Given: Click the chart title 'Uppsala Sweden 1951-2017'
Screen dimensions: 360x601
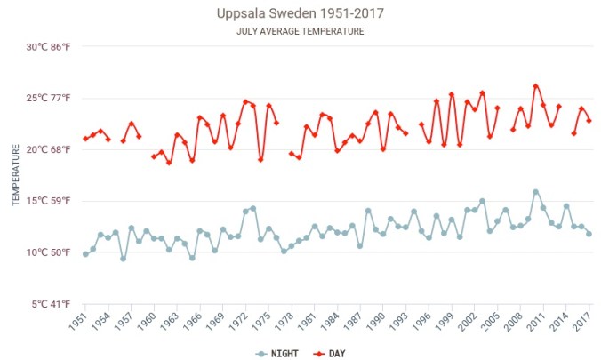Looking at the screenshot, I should [x=300, y=14].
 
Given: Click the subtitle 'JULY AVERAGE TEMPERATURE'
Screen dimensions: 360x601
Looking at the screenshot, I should [x=300, y=31].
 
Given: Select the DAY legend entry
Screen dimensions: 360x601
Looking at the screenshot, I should [x=330, y=353].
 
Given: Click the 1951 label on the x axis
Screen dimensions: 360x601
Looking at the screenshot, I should [x=80, y=321].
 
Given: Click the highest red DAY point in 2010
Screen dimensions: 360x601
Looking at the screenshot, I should [x=535, y=86].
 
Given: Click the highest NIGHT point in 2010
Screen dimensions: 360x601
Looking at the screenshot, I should [x=535, y=192].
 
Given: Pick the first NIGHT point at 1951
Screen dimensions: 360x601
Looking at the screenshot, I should [x=85, y=254].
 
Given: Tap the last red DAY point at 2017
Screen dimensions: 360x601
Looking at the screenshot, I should [x=589, y=121].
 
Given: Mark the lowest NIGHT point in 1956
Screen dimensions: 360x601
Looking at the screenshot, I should [x=124, y=259].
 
